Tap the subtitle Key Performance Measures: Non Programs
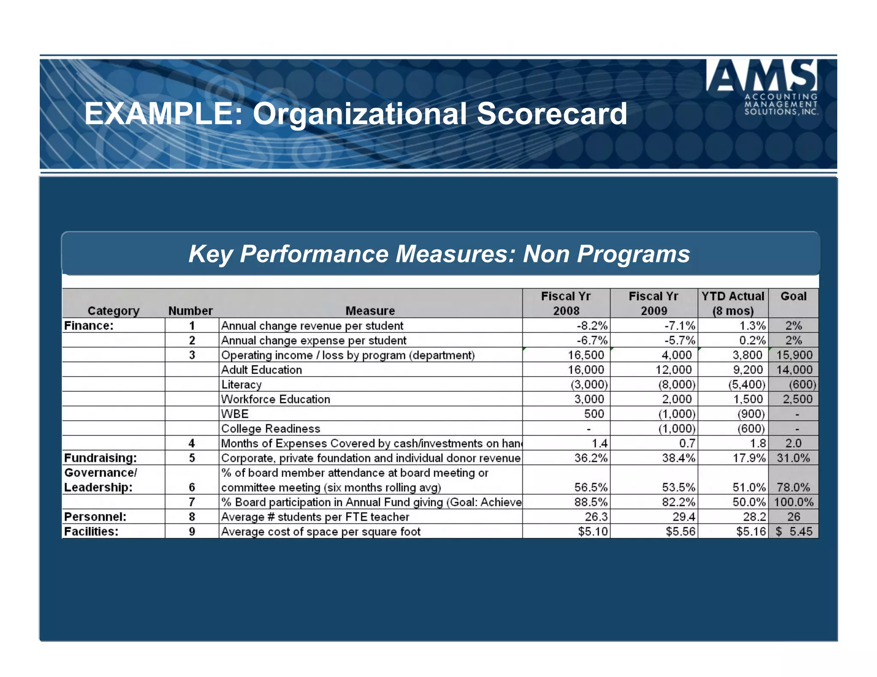click(439, 254)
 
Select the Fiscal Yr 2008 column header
click(566, 303)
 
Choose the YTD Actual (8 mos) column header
click(733, 303)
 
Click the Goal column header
click(793, 297)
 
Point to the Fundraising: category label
click(101, 458)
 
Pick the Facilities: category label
click(91, 532)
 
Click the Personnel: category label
click(95, 517)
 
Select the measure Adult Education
click(262, 370)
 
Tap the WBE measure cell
click(235, 414)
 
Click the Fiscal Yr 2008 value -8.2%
click(592, 326)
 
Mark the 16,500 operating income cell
click(586, 355)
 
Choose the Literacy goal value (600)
click(802, 384)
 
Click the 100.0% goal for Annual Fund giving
click(793, 502)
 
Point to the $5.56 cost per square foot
click(680, 532)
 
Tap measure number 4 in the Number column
click(192, 443)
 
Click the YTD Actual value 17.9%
click(749, 458)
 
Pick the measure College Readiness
click(271, 429)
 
